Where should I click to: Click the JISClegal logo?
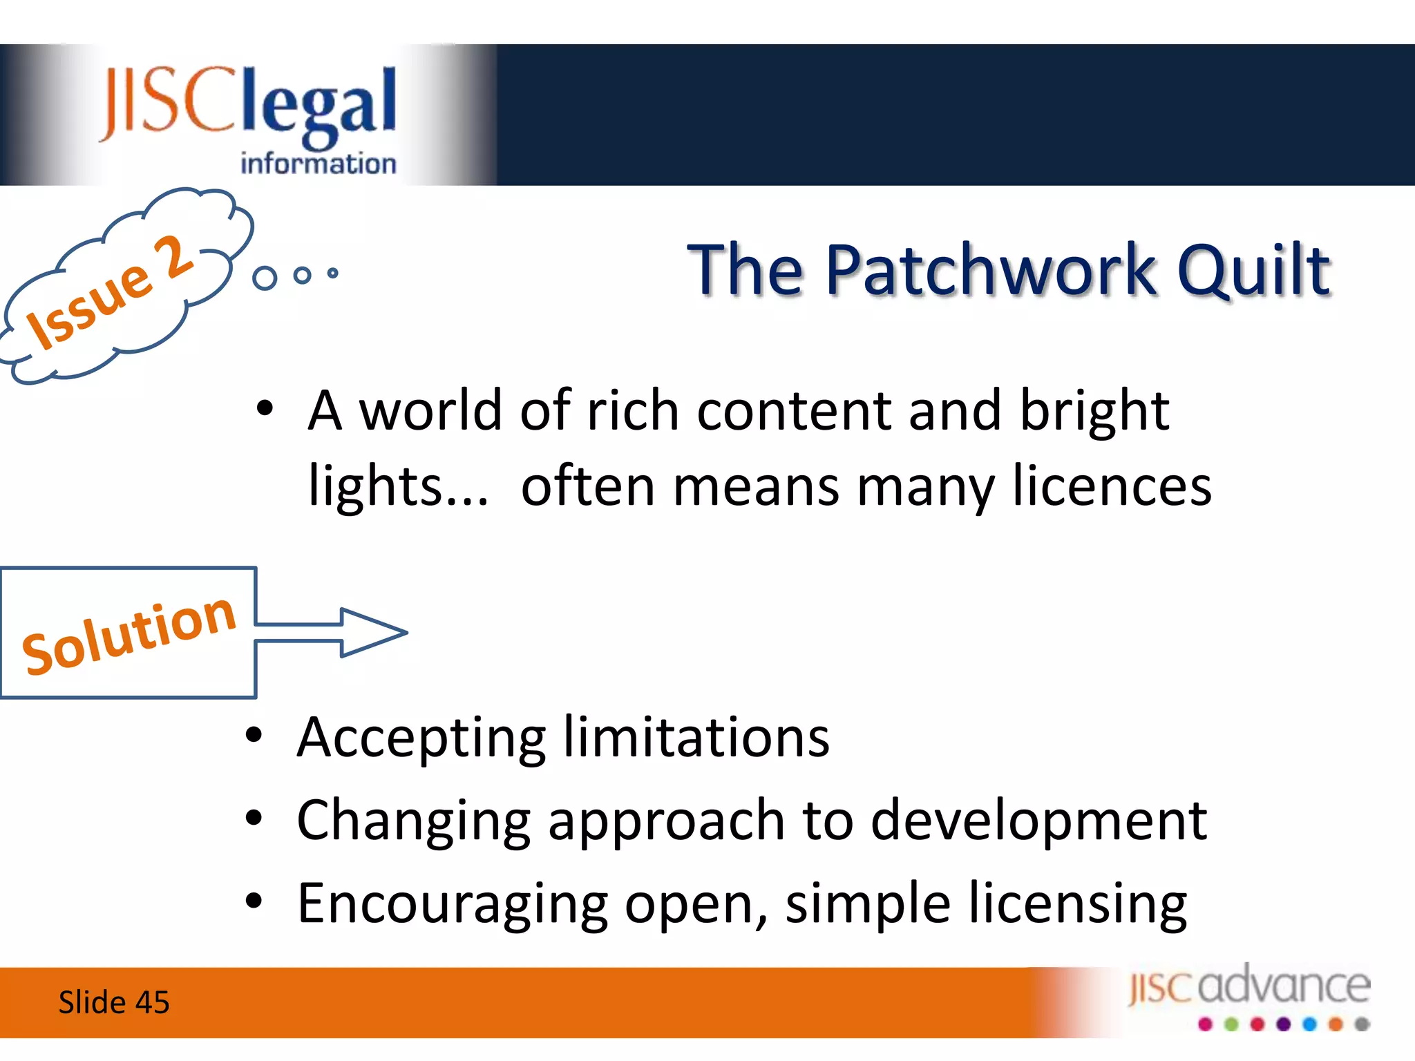coord(249,104)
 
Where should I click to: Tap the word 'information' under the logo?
coord(318,164)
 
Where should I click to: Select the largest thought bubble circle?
coord(265,278)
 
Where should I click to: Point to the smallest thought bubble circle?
coord(333,273)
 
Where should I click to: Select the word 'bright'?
coord(1094,412)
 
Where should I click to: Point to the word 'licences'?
coord(1112,486)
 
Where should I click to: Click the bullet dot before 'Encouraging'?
coord(254,901)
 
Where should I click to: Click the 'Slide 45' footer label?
coord(114,1002)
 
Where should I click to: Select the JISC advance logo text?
coord(1249,986)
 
